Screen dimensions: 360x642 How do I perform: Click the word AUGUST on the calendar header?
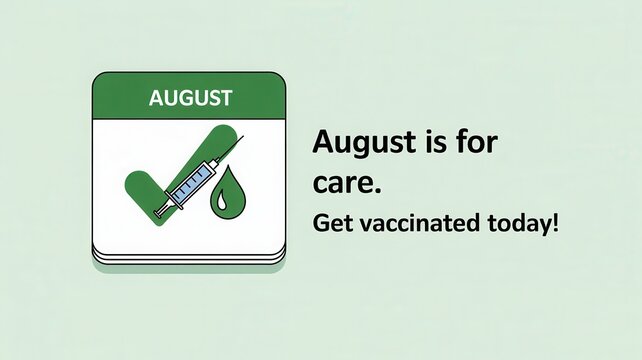click(190, 98)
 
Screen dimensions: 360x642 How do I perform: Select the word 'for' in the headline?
click(474, 143)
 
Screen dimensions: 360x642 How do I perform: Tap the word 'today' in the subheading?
click(516, 223)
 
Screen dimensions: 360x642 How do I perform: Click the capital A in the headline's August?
click(324, 143)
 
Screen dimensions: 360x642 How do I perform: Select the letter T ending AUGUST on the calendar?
click(226, 98)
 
